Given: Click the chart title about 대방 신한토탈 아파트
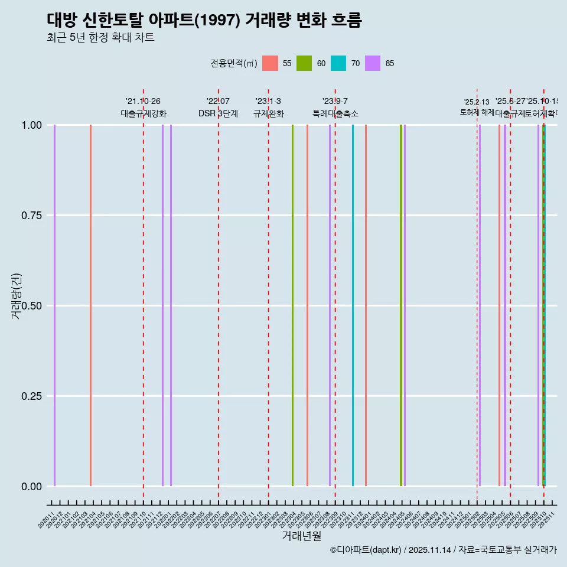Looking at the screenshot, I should [x=204, y=20].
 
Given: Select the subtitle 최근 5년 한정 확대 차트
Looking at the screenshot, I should [x=100, y=38].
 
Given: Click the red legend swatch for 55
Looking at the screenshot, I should [x=270, y=63].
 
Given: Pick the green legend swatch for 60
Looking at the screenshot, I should [x=304, y=63].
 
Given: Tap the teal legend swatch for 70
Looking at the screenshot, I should [x=338, y=63].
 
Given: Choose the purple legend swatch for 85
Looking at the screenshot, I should [x=373, y=63].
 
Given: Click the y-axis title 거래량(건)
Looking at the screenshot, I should [x=16, y=296].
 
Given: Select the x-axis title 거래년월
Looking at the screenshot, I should [x=302, y=536].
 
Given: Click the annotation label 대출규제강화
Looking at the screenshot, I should [x=144, y=113].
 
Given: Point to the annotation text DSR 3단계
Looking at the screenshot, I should [x=218, y=113].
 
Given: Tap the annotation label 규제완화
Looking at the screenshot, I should [x=269, y=113].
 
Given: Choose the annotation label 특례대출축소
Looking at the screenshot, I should [x=335, y=113].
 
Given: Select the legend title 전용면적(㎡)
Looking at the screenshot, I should [x=234, y=63].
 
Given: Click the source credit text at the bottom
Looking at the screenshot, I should [x=443, y=550].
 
